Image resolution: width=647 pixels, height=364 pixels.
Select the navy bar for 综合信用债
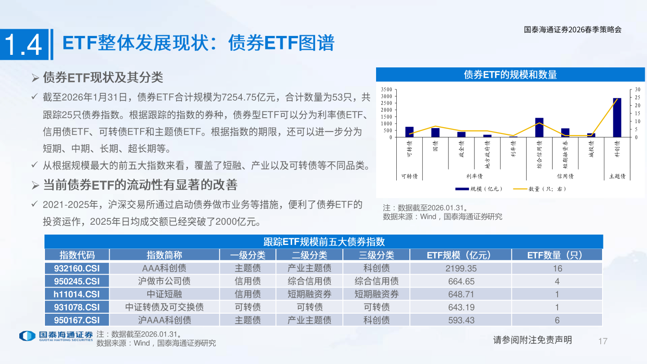[x=539, y=128]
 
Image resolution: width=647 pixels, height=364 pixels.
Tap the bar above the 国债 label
[x=435, y=133]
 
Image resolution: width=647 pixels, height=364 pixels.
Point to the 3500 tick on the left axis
[x=386, y=89]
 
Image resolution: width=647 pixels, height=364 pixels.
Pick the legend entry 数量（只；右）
[x=541, y=189]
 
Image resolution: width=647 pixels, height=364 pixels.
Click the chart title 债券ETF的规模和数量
[x=510, y=75]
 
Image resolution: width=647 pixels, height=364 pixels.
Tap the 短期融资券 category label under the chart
[x=565, y=155]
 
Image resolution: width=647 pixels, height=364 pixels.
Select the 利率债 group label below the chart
[x=474, y=177]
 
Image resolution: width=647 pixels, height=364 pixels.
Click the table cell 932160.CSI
[x=77, y=268]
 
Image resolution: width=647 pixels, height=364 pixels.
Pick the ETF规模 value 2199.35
[x=461, y=268]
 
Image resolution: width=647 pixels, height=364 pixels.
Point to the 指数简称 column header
[x=164, y=255]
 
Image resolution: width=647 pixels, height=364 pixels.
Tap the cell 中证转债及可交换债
[x=164, y=307]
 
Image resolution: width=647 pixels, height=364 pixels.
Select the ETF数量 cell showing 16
[x=557, y=268]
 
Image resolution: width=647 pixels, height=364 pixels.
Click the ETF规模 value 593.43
[x=461, y=320]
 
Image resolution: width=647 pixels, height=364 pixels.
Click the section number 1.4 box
[x=24, y=44]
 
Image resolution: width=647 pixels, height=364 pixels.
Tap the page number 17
[x=603, y=341]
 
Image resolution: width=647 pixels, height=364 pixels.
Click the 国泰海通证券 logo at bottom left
[x=56, y=336]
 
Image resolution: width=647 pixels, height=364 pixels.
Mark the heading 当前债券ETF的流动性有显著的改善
[x=140, y=185]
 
